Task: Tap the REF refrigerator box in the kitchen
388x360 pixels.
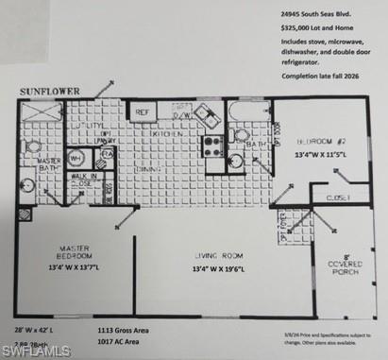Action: pyautogui.click(x=143, y=112)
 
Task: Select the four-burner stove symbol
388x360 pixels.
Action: pyautogui.click(x=213, y=146)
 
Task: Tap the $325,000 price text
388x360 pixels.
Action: pyautogui.click(x=311, y=30)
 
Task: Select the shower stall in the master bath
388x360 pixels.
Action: pyautogui.click(x=41, y=112)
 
